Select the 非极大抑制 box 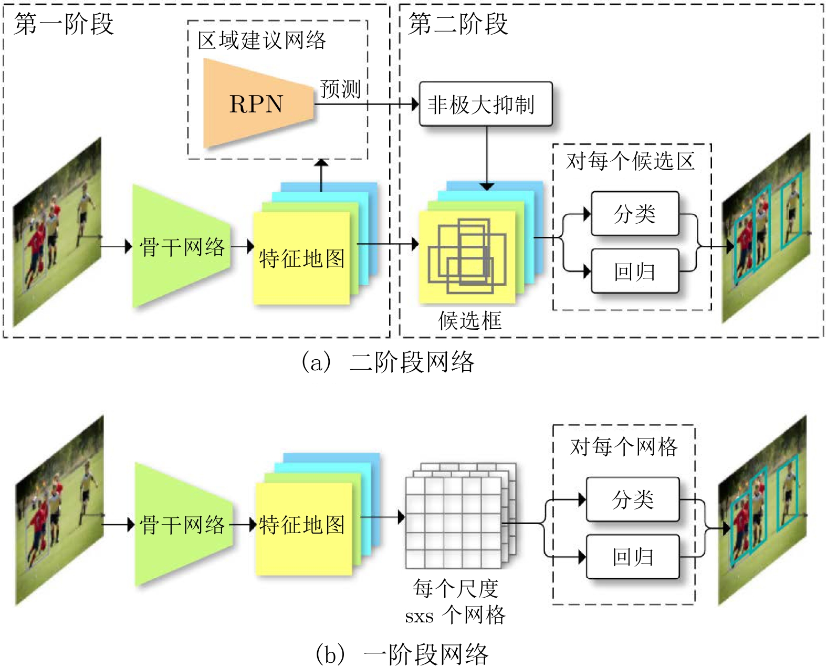pos(485,104)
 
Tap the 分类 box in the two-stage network pos(635,214)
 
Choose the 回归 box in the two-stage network pos(635,271)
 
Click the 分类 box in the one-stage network pos(633,499)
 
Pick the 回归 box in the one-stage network pos(633,557)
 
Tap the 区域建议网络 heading pos(261,40)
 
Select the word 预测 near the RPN pos(340,89)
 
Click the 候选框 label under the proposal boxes pos(470,320)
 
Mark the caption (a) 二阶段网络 pos(388,362)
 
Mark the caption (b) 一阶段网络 pos(402,654)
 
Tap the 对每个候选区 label pos(631,161)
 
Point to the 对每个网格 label pos(624,446)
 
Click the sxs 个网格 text pos(455,614)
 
